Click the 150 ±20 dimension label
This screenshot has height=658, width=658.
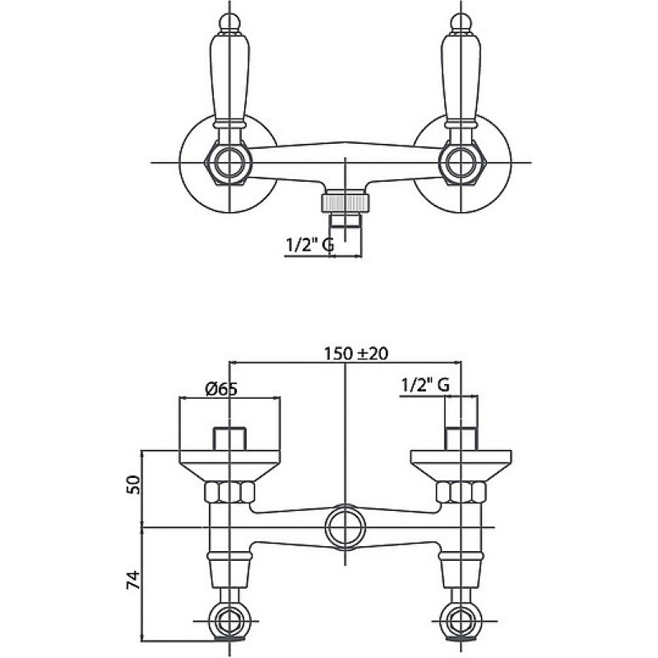tap(356, 354)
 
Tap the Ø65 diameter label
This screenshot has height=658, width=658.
tap(221, 389)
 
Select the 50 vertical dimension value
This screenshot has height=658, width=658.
tap(133, 484)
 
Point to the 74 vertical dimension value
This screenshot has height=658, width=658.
tap(133, 580)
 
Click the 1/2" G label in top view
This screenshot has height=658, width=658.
tap(310, 244)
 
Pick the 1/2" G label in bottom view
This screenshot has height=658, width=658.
tap(425, 385)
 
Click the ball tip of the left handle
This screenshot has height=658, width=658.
tap(230, 23)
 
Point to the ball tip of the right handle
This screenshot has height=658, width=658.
tap(461, 23)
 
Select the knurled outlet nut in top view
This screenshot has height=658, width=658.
tap(345, 202)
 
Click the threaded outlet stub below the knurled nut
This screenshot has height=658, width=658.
tap(345, 220)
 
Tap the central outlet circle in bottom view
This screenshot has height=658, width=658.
tap(345, 527)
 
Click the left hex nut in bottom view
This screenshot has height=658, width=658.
tap(230, 492)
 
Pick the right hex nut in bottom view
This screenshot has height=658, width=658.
tap(461, 492)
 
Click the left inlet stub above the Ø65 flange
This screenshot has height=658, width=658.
tap(229, 439)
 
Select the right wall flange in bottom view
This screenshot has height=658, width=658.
tap(461, 466)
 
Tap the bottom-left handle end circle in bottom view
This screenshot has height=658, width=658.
tap(229, 621)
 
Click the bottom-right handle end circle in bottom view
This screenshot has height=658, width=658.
tap(461, 621)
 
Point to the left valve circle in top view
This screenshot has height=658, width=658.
tap(230, 163)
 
